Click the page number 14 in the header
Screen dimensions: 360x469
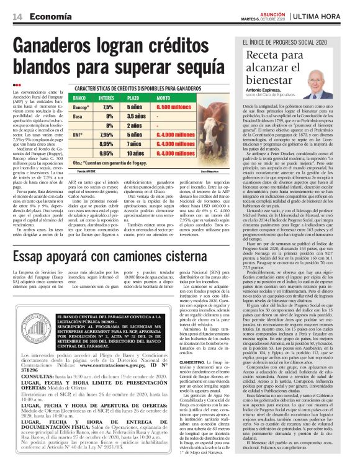tap(17, 16)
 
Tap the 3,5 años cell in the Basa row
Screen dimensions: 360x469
tap(137, 116)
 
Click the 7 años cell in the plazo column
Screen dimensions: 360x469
tap(135, 143)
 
